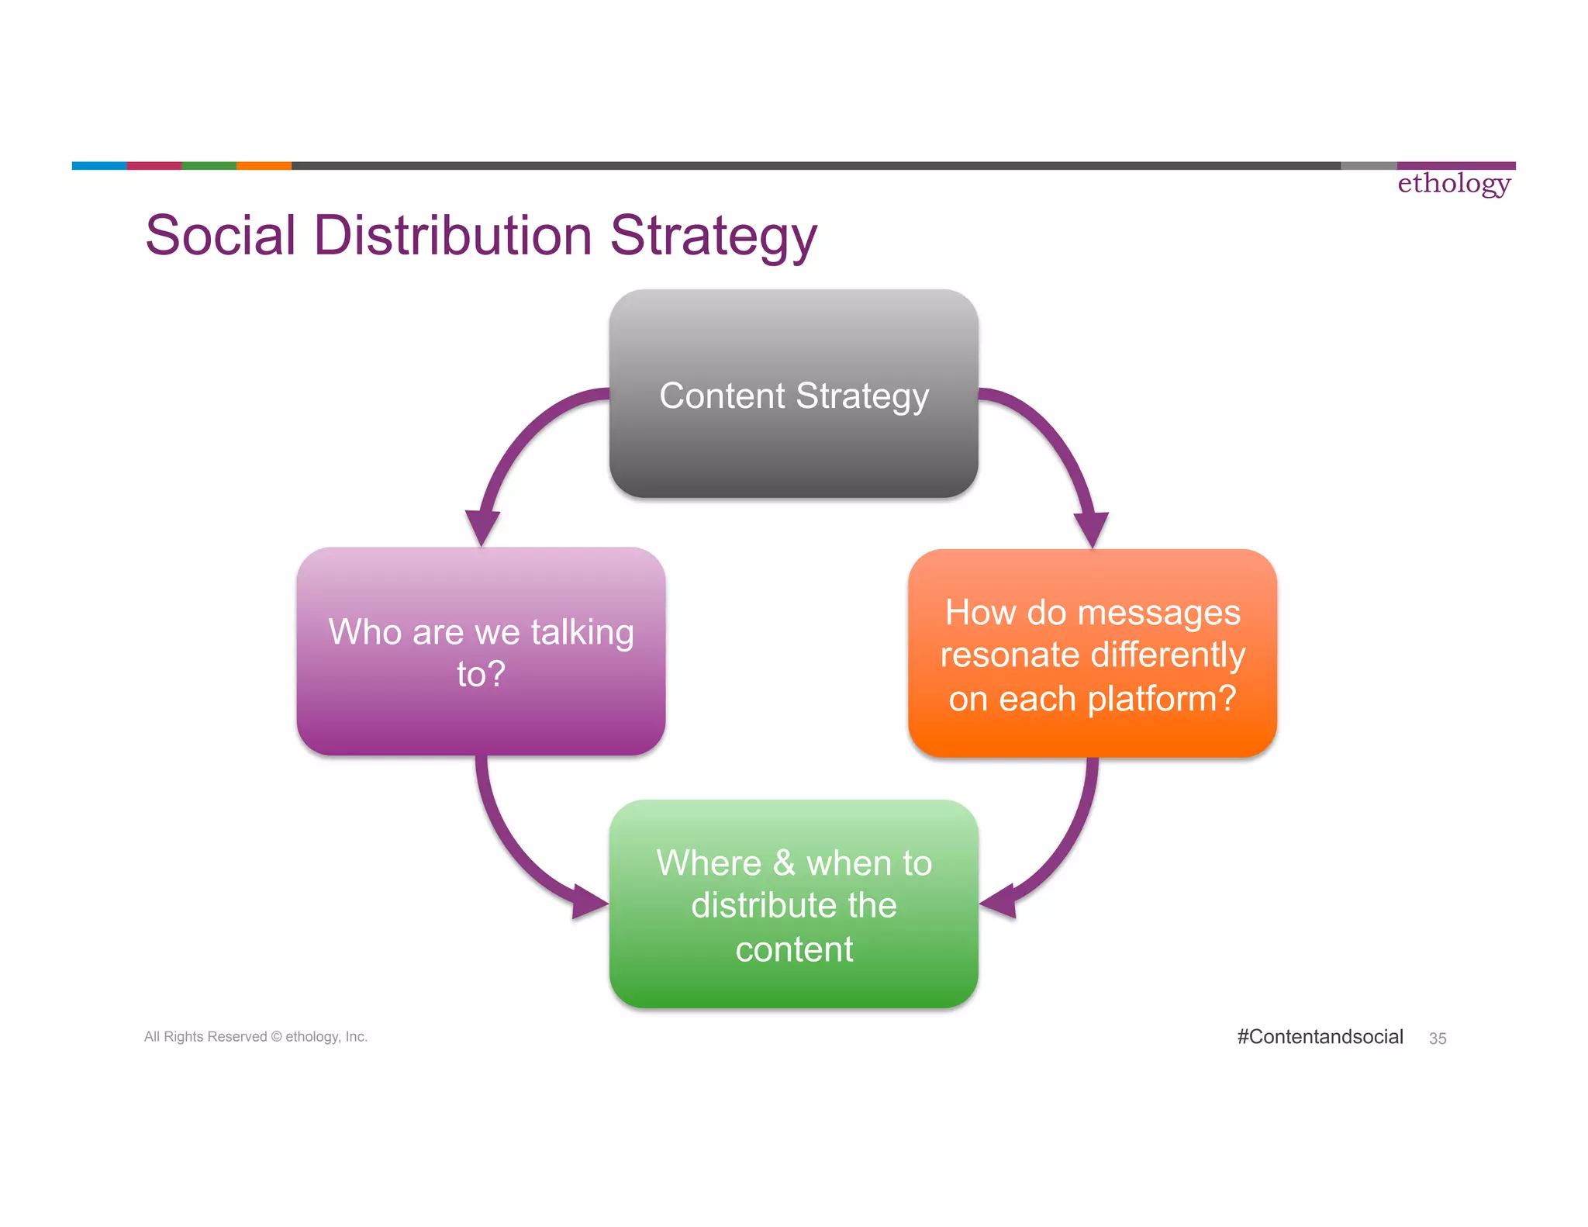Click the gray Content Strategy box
pyautogui.click(x=793, y=393)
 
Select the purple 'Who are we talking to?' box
pyautogui.click(x=481, y=652)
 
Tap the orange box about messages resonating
pyautogui.click(x=1092, y=653)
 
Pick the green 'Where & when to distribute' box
pyautogui.click(x=793, y=904)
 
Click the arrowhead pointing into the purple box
pyautogui.click(x=482, y=527)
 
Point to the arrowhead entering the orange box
pyautogui.click(x=1092, y=529)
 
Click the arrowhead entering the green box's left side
pyautogui.click(x=589, y=901)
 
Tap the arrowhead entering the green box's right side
pyautogui.click(x=999, y=901)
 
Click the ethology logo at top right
pyautogui.click(x=1454, y=184)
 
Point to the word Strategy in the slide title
pyautogui.click(x=713, y=237)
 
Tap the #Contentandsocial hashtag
pyautogui.click(x=1320, y=1037)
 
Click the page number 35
pyautogui.click(x=1438, y=1039)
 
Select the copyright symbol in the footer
pyautogui.click(x=276, y=1037)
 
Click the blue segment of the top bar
pyautogui.click(x=99, y=165)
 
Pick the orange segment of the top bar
pyautogui.click(x=264, y=165)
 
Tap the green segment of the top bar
pyautogui.click(x=209, y=165)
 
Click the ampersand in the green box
pyautogui.click(x=784, y=863)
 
